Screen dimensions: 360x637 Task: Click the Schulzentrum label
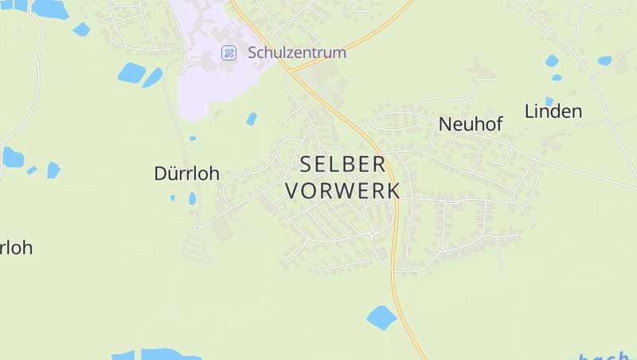(297, 53)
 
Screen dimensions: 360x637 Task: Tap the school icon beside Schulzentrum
(229, 53)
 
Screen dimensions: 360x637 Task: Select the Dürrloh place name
(186, 174)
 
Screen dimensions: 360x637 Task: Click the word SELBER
(342, 165)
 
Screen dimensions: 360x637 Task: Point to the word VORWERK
(342, 191)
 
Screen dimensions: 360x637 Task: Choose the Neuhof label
(471, 124)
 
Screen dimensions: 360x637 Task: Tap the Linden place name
(553, 112)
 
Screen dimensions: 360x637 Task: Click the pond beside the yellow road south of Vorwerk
(381, 318)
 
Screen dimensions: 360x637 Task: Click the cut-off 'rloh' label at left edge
(16, 248)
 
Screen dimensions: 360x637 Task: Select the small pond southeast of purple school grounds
(252, 119)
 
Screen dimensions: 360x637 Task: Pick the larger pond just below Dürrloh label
(192, 198)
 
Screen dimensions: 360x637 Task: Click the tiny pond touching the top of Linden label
(549, 101)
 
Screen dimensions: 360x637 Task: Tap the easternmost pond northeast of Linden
(604, 61)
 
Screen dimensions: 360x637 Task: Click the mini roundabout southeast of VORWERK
(373, 232)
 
